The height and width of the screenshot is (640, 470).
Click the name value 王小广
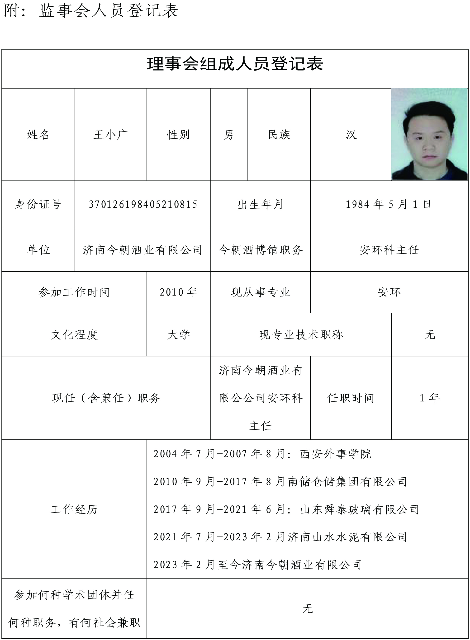click(x=110, y=135)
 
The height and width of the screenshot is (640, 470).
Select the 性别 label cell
click(x=178, y=135)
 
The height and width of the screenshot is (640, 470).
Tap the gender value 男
click(x=228, y=135)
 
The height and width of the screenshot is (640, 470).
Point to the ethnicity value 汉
click(x=351, y=135)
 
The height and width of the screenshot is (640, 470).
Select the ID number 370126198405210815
click(x=143, y=204)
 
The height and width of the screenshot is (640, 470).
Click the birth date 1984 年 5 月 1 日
click(x=389, y=204)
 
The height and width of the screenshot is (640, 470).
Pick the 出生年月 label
click(x=260, y=204)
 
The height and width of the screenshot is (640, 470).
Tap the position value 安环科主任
click(x=389, y=250)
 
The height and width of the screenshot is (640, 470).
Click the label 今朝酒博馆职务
click(x=260, y=250)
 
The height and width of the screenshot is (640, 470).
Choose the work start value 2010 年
click(x=179, y=292)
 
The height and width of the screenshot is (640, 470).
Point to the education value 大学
click(x=179, y=335)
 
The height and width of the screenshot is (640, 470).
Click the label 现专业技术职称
click(x=301, y=335)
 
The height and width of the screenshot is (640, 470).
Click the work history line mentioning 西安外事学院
click(x=262, y=454)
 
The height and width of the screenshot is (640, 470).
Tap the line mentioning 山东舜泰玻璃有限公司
click(x=286, y=509)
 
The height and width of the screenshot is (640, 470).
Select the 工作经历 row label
click(x=74, y=509)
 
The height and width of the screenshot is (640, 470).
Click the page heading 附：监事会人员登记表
click(x=91, y=11)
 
